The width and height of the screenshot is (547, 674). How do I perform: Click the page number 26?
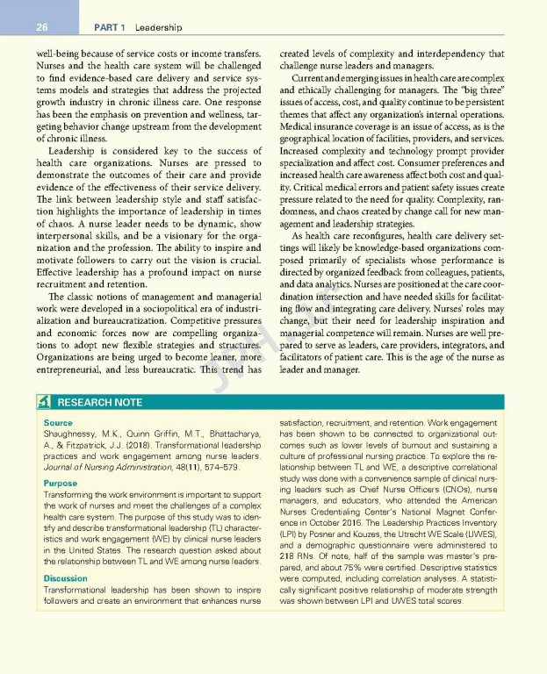point(41,27)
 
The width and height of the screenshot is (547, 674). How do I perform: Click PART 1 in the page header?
point(110,27)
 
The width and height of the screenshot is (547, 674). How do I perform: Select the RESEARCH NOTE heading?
point(99,403)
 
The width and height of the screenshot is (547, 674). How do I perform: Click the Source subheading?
point(58,423)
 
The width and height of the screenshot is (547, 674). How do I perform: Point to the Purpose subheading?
point(61,484)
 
